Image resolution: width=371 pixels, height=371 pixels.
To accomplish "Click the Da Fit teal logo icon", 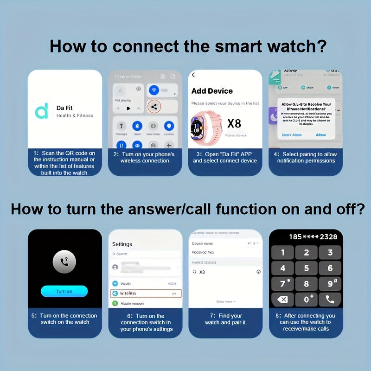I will (42, 111).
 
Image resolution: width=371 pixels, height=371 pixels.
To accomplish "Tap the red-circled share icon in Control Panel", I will (154, 107).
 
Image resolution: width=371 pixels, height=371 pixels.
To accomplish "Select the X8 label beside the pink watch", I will (234, 123).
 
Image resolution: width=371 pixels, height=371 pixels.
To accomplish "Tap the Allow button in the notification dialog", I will (321, 135).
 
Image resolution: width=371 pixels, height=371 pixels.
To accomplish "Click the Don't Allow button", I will (292, 135).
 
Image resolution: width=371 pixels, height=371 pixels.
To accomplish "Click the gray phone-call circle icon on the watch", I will (64, 262).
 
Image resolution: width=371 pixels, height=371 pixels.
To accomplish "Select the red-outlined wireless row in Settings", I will (146, 293).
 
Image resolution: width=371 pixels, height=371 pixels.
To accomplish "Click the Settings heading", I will (122, 244).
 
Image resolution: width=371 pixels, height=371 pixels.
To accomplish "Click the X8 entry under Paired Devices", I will (202, 272).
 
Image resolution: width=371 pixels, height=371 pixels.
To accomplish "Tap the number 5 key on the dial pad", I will (306, 268).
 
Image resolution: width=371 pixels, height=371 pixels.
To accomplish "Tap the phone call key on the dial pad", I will (330, 299).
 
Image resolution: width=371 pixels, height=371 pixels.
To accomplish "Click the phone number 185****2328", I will (313, 237).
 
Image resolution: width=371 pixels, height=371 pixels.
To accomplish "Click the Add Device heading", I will (212, 91).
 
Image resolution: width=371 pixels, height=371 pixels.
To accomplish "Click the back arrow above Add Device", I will (193, 75).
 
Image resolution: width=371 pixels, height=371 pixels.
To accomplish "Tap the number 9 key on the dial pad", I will (330, 283).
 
